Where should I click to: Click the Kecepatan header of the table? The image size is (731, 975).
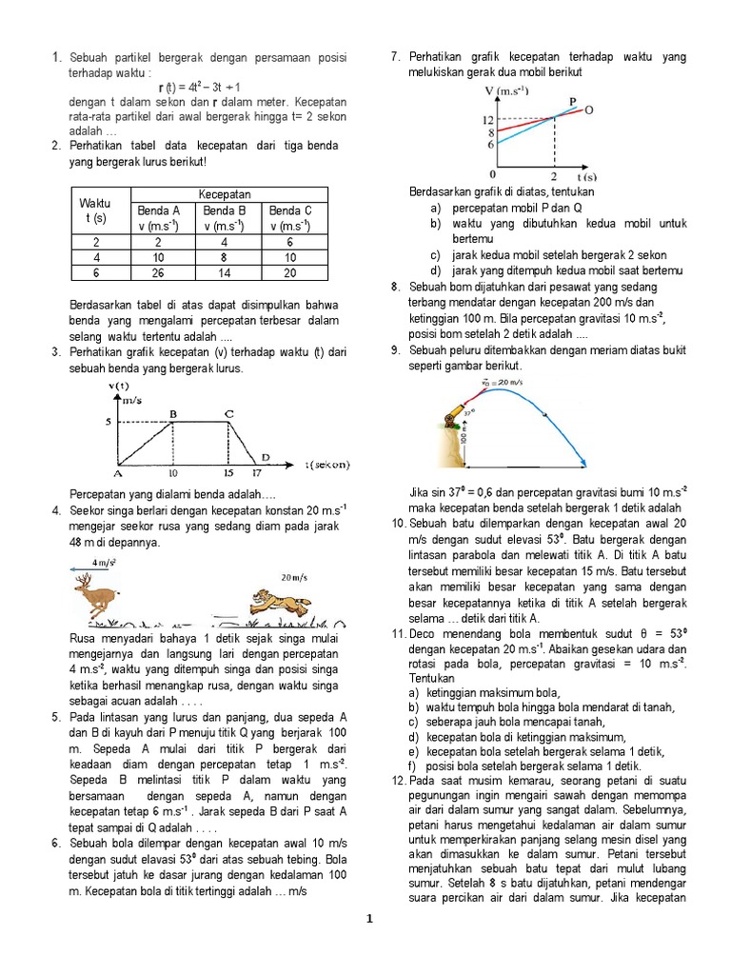point(225,193)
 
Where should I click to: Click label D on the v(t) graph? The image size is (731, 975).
point(267,458)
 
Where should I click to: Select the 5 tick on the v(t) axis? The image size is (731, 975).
point(109,422)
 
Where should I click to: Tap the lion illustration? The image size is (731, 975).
point(274,603)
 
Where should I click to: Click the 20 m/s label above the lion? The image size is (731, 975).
point(295,577)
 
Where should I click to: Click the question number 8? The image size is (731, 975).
point(396,287)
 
